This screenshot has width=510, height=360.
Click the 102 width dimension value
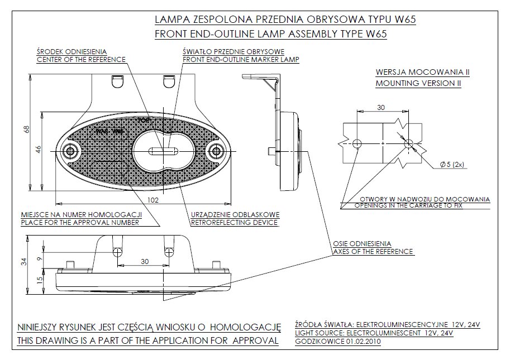[154, 199]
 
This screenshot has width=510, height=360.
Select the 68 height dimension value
[26, 129]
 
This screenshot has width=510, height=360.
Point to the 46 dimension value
[39, 149]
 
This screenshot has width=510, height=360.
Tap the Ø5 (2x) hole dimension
[453, 164]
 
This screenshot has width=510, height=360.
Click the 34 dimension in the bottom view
[24, 262]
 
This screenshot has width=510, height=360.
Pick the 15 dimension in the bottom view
[39, 279]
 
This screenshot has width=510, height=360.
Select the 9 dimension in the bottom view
[39, 258]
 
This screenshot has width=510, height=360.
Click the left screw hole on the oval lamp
[71, 151]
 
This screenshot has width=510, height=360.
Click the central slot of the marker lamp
[163, 150]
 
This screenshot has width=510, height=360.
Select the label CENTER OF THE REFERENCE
[81, 60]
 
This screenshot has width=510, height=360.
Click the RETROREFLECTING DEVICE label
[235, 223]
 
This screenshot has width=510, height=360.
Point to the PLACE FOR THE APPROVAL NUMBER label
[80, 223]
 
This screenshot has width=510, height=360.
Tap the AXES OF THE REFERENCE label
[373, 252]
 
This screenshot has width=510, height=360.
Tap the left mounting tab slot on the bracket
[116, 80]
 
